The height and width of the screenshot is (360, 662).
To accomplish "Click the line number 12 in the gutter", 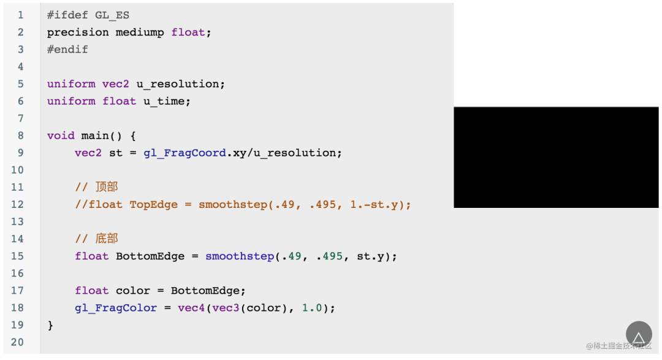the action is click(17, 204).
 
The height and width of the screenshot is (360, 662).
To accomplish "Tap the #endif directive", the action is click(67, 50).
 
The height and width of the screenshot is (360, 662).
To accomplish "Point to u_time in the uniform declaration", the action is click(164, 101).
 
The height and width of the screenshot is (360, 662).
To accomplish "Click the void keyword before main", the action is click(61, 136).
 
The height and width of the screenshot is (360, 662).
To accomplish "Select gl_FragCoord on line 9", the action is click(185, 153).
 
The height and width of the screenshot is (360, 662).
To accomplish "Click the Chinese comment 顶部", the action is click(107, 187).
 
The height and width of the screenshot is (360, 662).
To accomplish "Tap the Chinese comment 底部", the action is click(107, 239).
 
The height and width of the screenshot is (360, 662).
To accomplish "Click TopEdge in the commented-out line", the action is click(154, 205).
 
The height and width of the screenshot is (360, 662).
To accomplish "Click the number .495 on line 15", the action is click(329, 256).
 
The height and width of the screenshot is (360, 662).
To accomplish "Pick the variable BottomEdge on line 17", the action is click(205, 291).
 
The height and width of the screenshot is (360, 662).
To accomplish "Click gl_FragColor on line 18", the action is click(116, 308).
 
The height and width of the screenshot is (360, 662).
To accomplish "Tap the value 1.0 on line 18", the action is click(312, 308).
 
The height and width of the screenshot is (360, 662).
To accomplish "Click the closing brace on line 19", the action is click(50, 326).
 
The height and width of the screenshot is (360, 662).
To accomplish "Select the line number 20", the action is click(17, 342).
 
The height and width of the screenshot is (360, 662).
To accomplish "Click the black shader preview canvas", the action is click(556, 157).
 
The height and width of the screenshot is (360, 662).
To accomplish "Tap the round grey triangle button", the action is click(639, 334).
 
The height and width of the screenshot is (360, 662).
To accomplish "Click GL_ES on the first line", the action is click(112, 15).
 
